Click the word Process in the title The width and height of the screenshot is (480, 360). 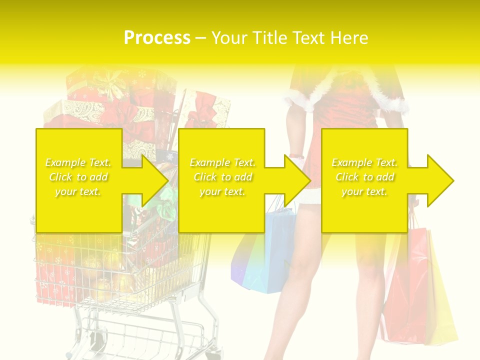pos(157,38)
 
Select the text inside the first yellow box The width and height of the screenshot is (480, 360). pos(78,177)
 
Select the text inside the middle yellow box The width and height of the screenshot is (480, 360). pos(222,177)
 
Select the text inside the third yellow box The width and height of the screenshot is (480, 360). pos(364,177)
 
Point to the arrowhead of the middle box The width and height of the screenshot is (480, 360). pos(297,180)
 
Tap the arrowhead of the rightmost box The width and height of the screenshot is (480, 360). pos(440,180)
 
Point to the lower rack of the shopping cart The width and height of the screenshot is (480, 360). pos(145,335)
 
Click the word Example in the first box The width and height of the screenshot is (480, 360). pos(64,162)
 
